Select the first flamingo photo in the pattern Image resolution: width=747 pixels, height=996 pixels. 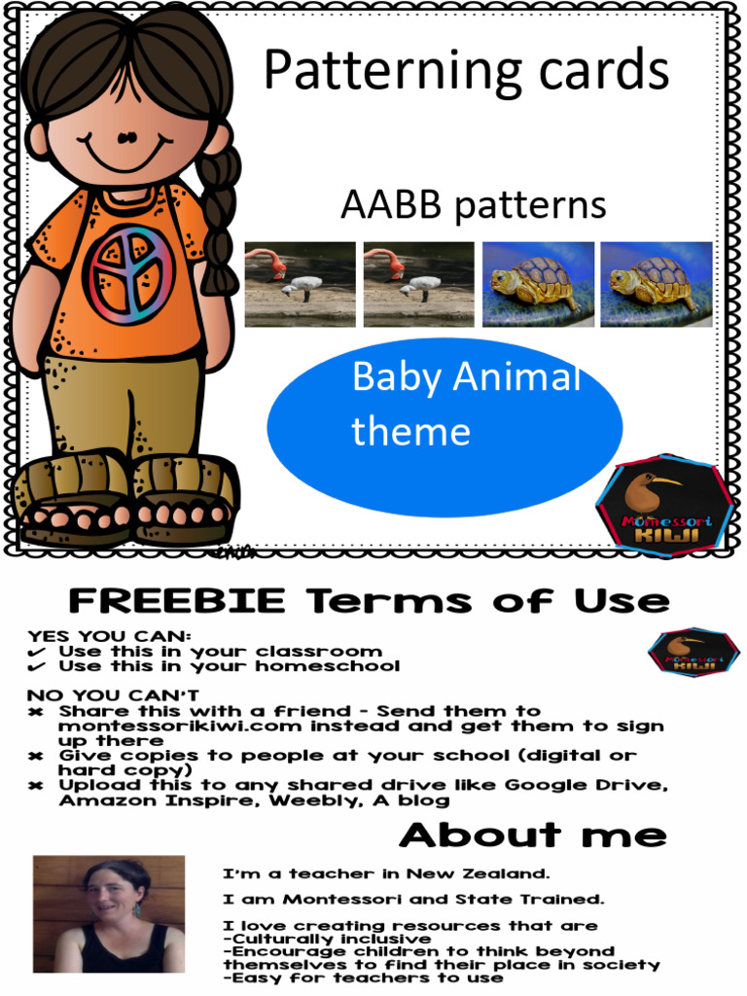click(x=300, y=284)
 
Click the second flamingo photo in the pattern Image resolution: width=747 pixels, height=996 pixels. click(x=418, y=284)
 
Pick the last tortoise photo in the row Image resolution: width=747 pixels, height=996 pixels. click(x=656, y=284)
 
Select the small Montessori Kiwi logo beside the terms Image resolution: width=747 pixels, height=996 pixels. click(x=694, y=653)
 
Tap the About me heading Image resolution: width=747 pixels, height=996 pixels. click(x=533, y=835)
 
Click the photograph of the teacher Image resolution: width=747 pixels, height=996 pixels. click(x=109, y=914)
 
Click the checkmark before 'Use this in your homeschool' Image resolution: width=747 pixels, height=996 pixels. click(x=36, y=667)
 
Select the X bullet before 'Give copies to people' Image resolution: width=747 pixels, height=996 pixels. click(x=36, y=756)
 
